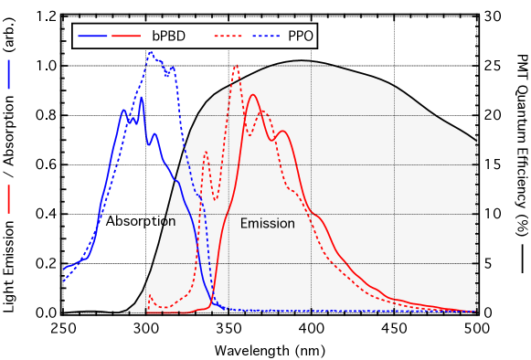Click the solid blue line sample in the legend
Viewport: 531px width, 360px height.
point(92,37)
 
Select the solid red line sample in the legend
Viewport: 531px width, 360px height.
point(126,37)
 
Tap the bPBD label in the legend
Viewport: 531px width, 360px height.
point(168,37)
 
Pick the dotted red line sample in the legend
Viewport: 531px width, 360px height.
point(229,37)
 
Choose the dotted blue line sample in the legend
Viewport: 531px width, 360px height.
point(264,37)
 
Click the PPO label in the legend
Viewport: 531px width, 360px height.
point(301,37)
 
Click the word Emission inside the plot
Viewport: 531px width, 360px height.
point(267,224)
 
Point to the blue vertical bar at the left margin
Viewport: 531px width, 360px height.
point(9,74)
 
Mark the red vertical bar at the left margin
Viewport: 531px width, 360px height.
point(9,198)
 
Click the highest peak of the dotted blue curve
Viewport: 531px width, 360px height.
point(151,53)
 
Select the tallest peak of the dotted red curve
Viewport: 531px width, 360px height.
point(236,66)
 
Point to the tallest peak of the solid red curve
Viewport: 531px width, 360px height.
point(253,95)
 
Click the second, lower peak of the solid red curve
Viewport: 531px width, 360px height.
point(282,131)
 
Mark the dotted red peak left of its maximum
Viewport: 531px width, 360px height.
point(205,152)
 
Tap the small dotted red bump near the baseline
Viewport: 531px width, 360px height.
point(150,295)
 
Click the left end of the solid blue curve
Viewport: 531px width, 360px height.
point(64,270)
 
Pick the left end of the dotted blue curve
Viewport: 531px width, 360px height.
point(64,281)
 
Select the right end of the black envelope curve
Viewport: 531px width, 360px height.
point(476,141)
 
